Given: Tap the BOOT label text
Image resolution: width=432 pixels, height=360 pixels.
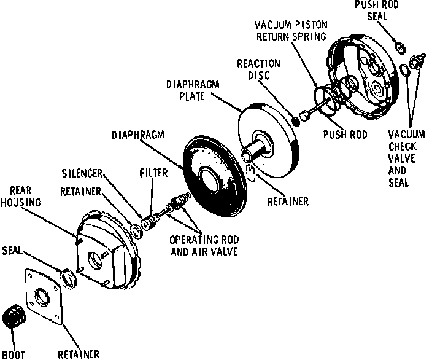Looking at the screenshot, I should tap(13, 354).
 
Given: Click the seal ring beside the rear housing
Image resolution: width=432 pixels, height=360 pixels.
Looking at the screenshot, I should tap(68, 277).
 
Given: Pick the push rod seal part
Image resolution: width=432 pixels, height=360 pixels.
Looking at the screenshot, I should tap(397, 47).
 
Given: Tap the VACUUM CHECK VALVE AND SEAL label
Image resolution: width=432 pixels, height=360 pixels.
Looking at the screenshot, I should tap(404, 158).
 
